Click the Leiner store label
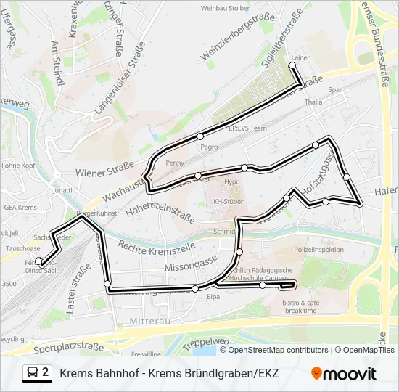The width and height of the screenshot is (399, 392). coord(300,57)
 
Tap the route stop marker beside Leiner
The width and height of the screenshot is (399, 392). coord(293,66)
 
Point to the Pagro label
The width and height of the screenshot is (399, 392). coord(210,147)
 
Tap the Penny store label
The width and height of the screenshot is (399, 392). coord(175,163)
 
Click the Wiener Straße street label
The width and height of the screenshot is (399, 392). coord(105,173)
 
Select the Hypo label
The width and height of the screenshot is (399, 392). coord(232,182)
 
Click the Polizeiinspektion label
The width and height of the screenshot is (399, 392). coord(319,250)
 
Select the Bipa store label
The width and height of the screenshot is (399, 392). coord(213,297)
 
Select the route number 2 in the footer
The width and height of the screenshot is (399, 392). coord(46,372)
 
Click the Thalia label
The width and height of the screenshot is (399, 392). coord(313,103)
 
